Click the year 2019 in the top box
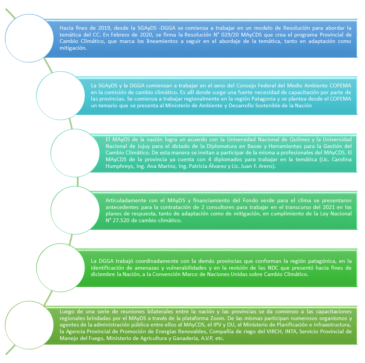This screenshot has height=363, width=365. pyautogui.click(x=104, y=28)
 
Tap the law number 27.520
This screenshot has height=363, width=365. pyautogui.click(x=121, y=220)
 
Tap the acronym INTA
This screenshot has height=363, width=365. pyautogui.click(x=290, y=331)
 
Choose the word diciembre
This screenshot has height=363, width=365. pyautogui.click(x=103, y=275)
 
